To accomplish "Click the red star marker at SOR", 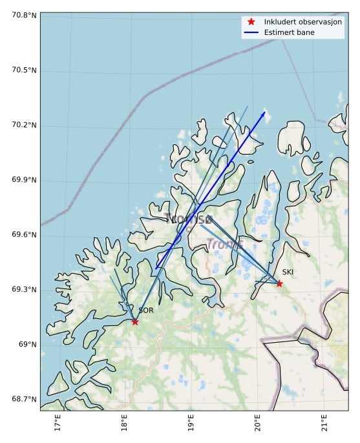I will (x=135, y=321).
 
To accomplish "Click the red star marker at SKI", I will (x=279, y=283).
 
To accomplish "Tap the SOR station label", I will (x=146, y=311).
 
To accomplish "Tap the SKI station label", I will (x=288, y=272).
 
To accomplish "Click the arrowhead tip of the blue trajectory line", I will (x=265, y=112).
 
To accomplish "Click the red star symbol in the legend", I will (x=251, y=22).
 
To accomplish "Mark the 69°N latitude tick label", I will (x=26, y=344).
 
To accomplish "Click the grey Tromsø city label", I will (x=188, y=219).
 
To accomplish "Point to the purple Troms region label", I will (x=224, y=244).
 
